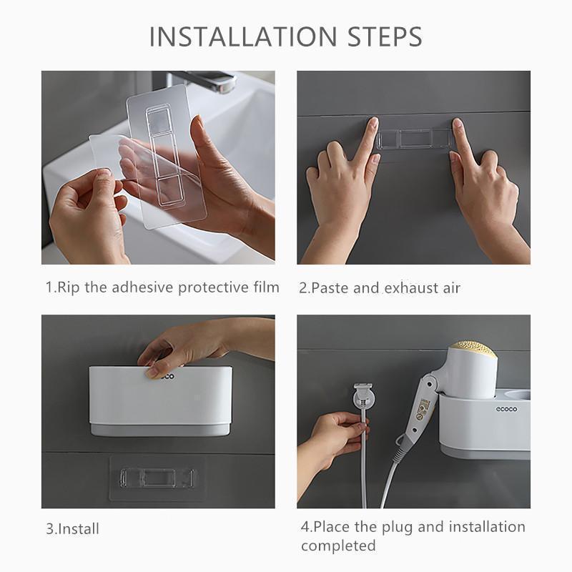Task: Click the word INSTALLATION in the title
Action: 243,36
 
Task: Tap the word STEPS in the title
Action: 385,36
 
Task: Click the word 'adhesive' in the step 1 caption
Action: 142,287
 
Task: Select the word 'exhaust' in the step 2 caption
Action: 411,288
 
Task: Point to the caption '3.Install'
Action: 73,529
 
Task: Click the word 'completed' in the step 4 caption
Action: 338,546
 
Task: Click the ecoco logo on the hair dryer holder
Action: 506,409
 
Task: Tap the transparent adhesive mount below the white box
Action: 157,478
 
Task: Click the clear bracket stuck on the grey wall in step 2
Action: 415,139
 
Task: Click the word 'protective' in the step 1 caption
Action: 214,288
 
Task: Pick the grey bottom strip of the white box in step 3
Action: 160,430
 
